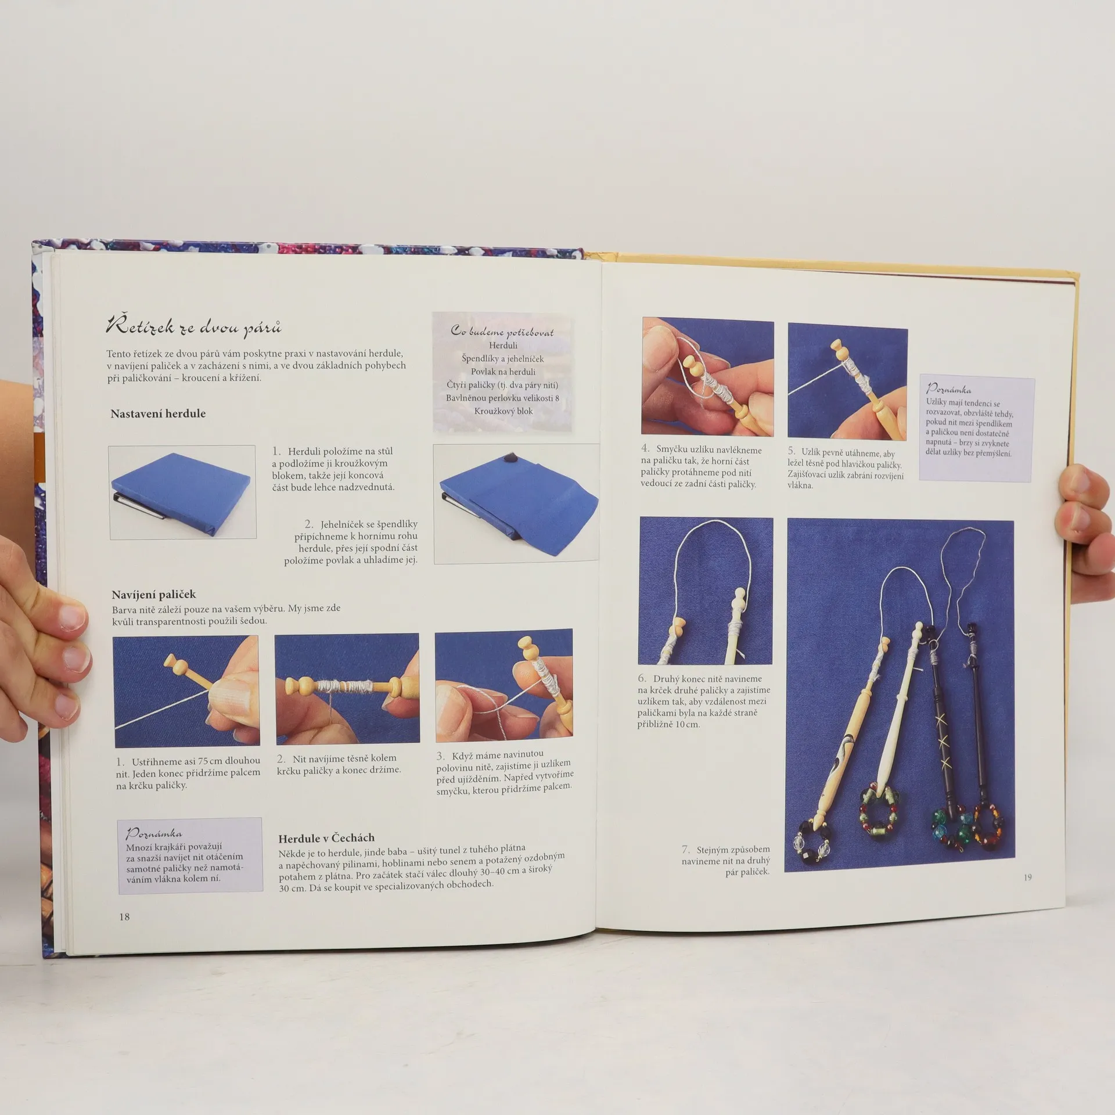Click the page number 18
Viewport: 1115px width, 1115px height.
point(124,916)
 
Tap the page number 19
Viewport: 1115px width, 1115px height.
point(1027,877)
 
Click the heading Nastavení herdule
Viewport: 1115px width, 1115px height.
point(158,413)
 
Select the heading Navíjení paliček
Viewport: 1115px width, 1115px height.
point(154,594)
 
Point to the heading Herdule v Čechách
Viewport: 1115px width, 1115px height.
point(326,838)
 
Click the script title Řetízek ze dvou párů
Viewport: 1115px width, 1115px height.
point(194,327)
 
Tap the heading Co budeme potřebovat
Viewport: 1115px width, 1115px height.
point(502,331)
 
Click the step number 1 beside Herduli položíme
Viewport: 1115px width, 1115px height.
point(276,451)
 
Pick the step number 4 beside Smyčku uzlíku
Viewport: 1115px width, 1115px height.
point(645,449)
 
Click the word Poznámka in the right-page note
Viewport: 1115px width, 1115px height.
point(948,389)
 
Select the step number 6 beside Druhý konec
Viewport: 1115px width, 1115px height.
point(642,678)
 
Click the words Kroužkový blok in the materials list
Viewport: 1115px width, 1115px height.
point(503,411)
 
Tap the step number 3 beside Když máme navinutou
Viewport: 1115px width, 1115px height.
point(440,756)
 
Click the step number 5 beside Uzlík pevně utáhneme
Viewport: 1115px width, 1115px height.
point(792,451)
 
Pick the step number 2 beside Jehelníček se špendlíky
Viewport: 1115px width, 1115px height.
point(309,524)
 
